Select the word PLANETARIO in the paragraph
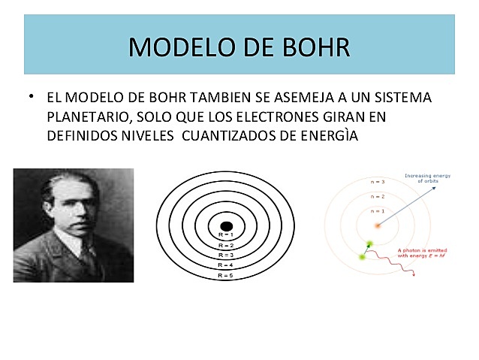[x=83, y=117]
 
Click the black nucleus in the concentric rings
[x=225, y=226]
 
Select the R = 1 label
[x=225, y=236]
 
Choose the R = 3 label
[x=225, y=255]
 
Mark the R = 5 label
[x=225, y=275]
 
